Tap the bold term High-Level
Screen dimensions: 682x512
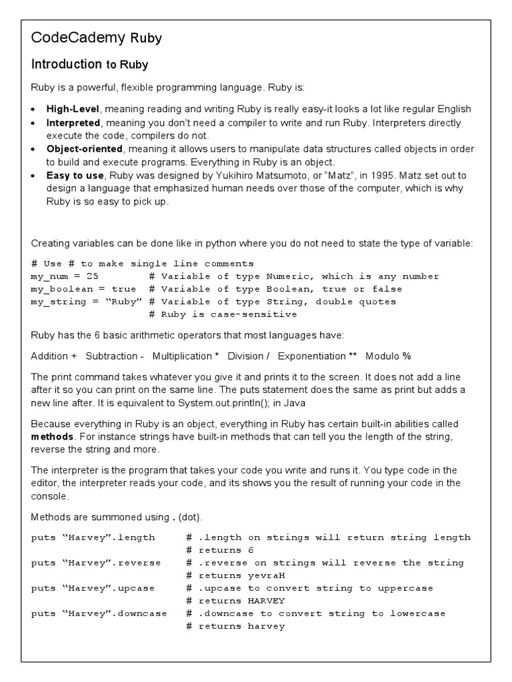(x=73, y=109)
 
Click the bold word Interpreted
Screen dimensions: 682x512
(x=73, y=123)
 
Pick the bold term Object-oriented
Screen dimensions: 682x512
(x=84, y=149)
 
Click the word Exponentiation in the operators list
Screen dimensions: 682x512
(x=312, y=356)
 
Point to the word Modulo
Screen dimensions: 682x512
(x=381, y=356)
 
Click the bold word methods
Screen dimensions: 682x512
(x=53, y=437)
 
